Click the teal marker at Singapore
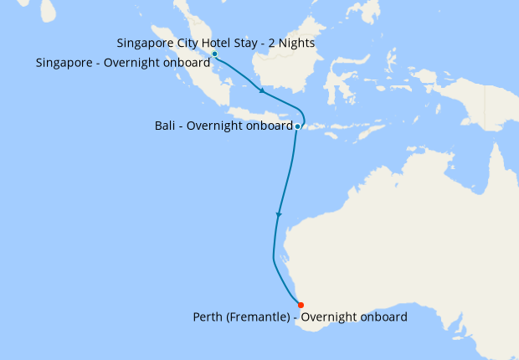pos(214,54)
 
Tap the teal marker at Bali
pos(297,126)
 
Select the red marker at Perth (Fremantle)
pos(301,304)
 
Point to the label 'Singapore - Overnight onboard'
pos(123,62)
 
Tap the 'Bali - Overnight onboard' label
pos(223,126)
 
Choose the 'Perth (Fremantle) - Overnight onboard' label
pos(300,317)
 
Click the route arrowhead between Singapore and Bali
pos(263,90)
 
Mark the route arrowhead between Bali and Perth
pos(279,215)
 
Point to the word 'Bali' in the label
pos(166,126)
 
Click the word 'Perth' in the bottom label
pos(208,317)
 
